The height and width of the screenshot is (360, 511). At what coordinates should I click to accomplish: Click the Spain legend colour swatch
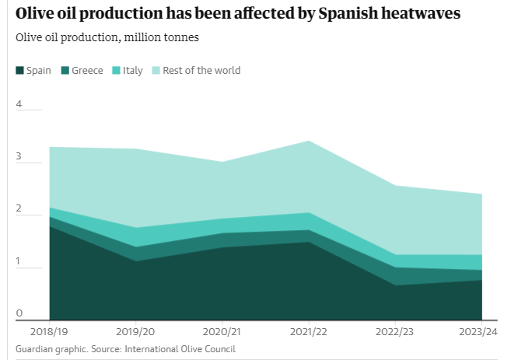click(x=19, y=71)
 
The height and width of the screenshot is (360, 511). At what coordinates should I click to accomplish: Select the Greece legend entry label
click(x=87, y=71)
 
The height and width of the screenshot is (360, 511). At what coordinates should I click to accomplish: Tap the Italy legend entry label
click(x=133, y=71)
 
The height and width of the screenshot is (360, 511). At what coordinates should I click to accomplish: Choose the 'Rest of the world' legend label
click(x=201, y=71)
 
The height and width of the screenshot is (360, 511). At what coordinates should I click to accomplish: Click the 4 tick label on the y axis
click(x=19, y=104)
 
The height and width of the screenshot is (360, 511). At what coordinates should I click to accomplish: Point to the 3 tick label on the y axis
click(x=19, y=157)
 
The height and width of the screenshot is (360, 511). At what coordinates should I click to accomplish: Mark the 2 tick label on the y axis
click(x=19, y=210)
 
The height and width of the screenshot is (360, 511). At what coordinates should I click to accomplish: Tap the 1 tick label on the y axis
click(x=19, y=263)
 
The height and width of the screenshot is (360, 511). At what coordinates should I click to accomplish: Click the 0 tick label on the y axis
click(x=19, y=313)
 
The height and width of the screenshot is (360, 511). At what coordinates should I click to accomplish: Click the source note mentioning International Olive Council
click(x=125, y=349)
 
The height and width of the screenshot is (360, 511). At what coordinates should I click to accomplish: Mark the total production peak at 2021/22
click(x=310, y=142)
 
